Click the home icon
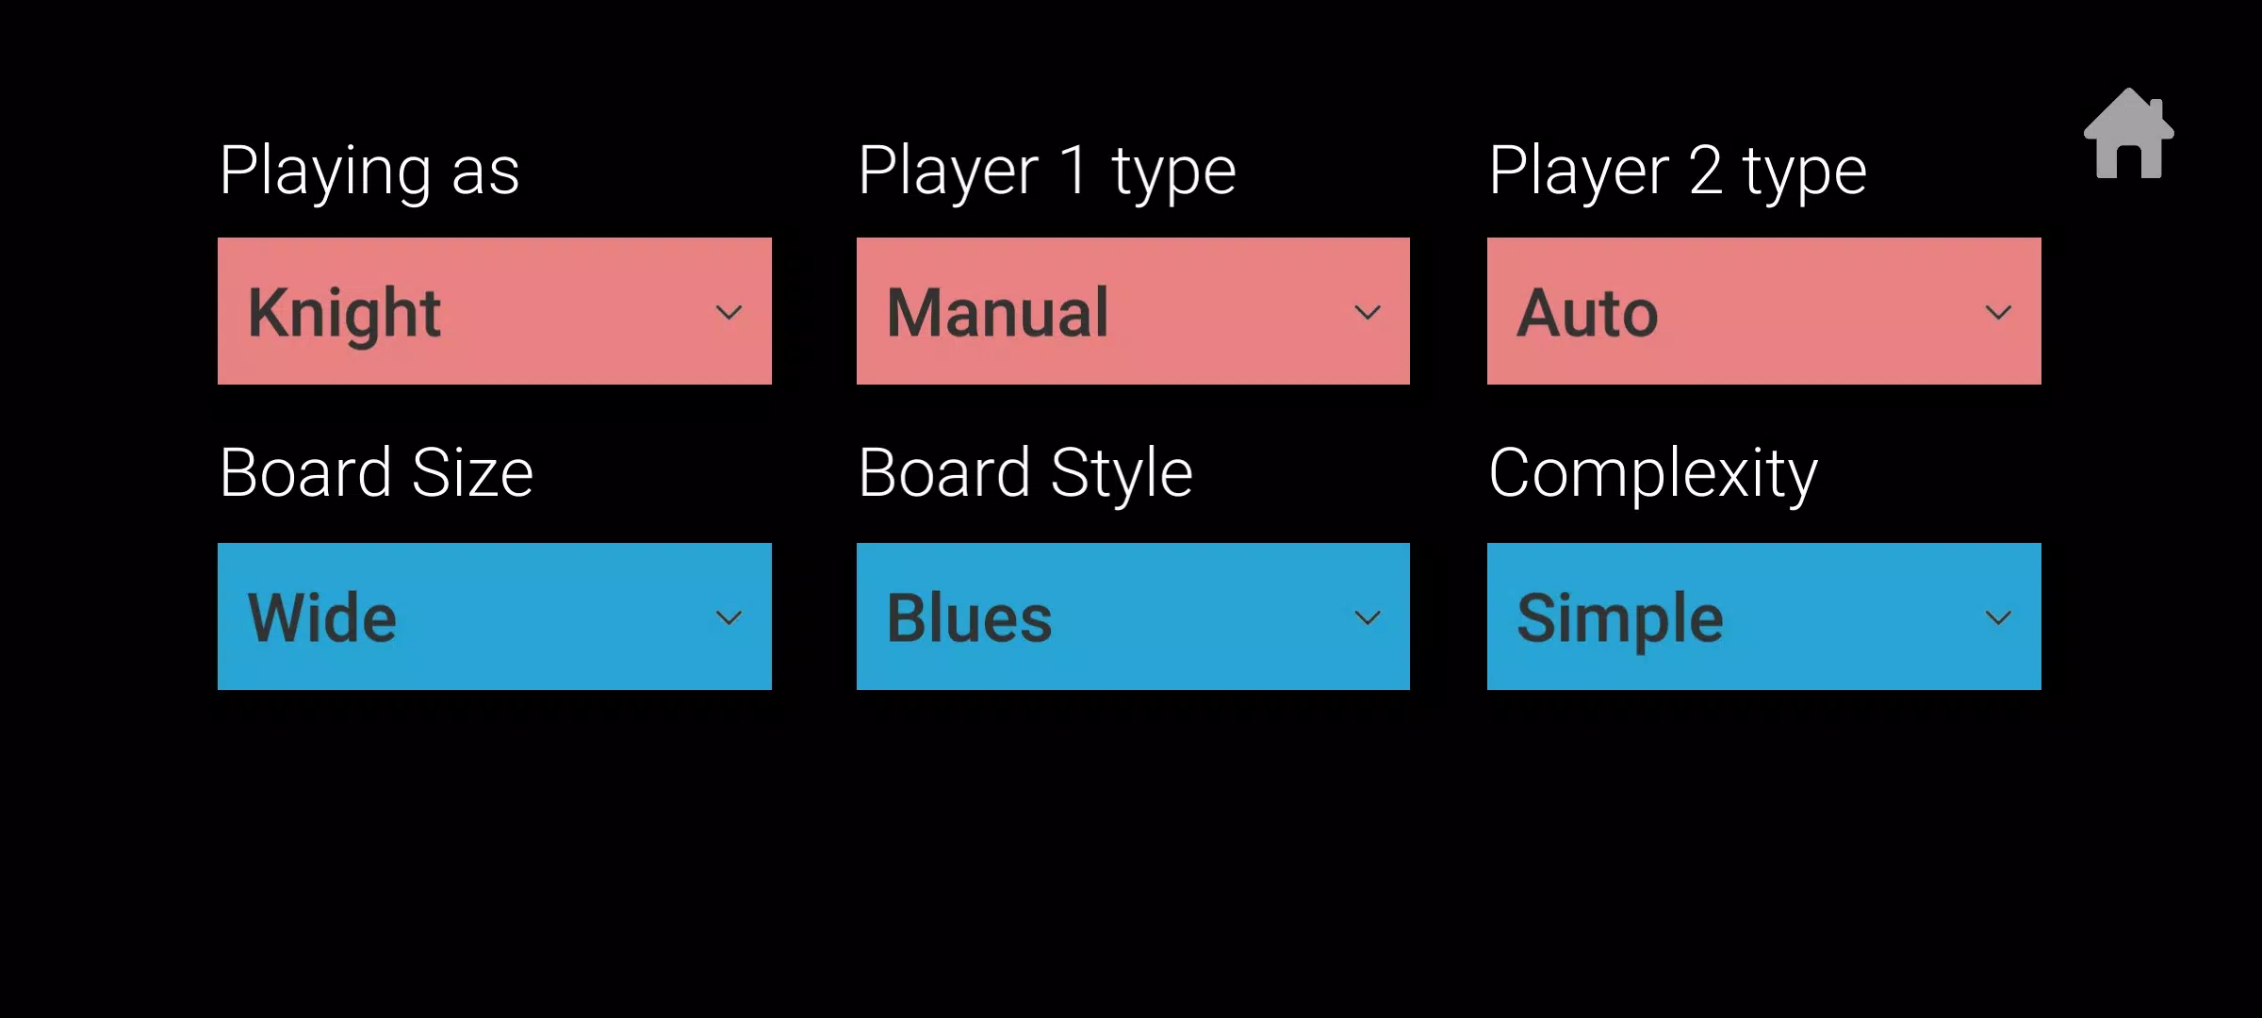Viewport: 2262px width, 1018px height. pyautogui.click(x=2128, y=134)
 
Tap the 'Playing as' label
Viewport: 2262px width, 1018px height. pyautogui.click(x=369, y=172)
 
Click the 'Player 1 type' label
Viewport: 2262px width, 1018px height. pyautogui.click(x=1047, y=172)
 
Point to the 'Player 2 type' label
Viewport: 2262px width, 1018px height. pyautogui.click(x=1678, y=172)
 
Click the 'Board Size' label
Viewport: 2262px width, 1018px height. pyautogui.click(x=376, y=473)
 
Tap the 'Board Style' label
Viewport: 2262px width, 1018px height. pyautogui.click(x=1025, y=473)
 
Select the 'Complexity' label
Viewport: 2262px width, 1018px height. pyautogui.click(x=1653, y=473)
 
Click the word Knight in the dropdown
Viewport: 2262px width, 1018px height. pyautogui.click(x=344, y=315)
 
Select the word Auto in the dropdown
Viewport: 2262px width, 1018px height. pyautogui.click(x=1587, y=313)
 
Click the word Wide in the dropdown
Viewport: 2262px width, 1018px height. pyautogui.click(x=321, y=618)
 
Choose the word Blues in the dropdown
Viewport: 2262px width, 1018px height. pyautogui.click(x=969, y=618)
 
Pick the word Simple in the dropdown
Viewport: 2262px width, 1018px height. pyautogui.click(x=1620, y=620)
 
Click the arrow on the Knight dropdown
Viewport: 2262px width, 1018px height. pyautogui.click(x=729, y=312)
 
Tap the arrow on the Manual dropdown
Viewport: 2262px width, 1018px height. pyautogui.click(x=1368, y=312)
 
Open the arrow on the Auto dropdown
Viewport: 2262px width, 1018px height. pyautogui.click(x=1998, y=312)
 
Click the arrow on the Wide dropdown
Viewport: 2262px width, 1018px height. pyautogui.click(x=729, y=617)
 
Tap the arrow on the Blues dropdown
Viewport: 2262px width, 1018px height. pyautogui.click(x=1368, y=617)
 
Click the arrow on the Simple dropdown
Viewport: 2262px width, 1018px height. pyautogui.click(x=1998, y=617)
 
